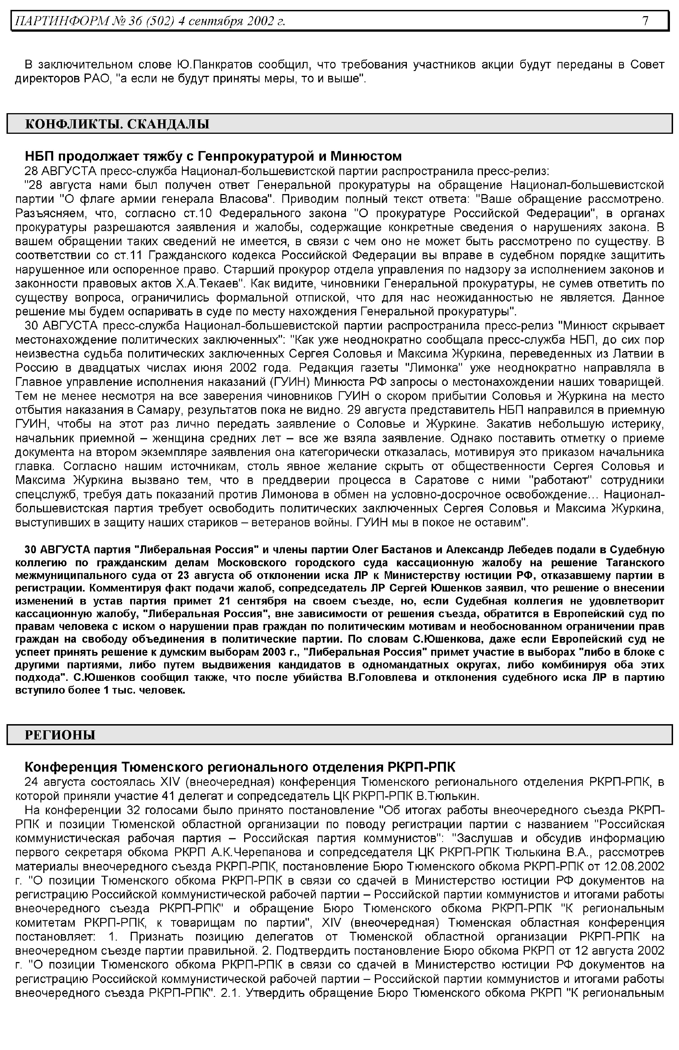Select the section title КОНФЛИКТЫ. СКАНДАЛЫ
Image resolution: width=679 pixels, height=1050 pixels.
(117, 124)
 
